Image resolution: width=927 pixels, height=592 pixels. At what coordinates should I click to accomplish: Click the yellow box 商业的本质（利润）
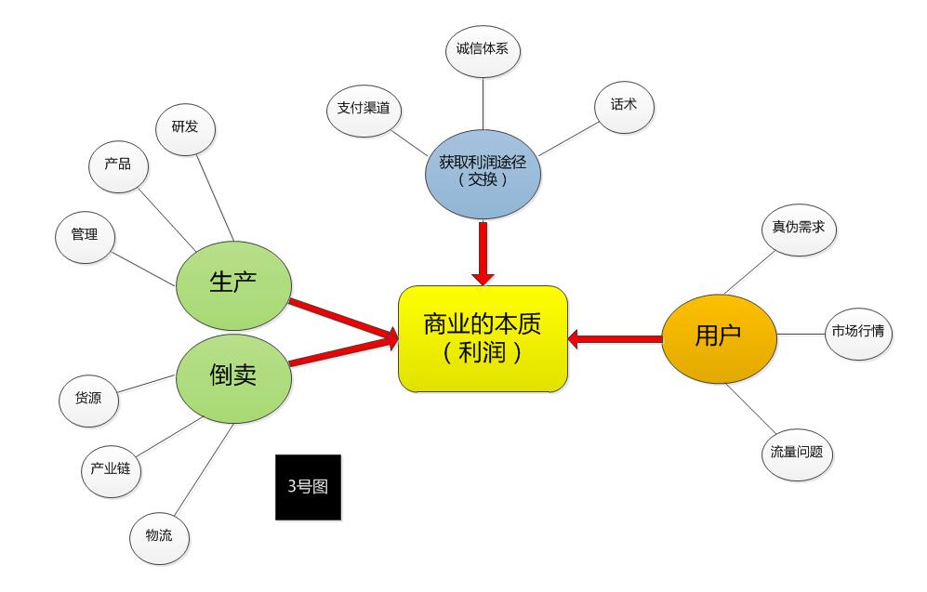coord(483,338)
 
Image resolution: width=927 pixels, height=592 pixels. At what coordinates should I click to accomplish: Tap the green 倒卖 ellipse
coord(233,375)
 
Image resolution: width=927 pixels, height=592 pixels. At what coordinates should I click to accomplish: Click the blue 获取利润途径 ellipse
coord(483,174)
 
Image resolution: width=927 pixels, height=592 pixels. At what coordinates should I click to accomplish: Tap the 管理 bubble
coord(85,235)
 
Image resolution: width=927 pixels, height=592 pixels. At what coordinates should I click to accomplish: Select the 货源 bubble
coord(87,398)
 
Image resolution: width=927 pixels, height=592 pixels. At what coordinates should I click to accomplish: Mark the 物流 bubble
coord(158,537)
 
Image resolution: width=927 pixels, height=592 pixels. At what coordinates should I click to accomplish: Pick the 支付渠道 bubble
coord(364,110)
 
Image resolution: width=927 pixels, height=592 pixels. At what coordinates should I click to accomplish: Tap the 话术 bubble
coord(624,106)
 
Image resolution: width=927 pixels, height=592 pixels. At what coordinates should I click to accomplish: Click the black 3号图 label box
coord(308,487)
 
